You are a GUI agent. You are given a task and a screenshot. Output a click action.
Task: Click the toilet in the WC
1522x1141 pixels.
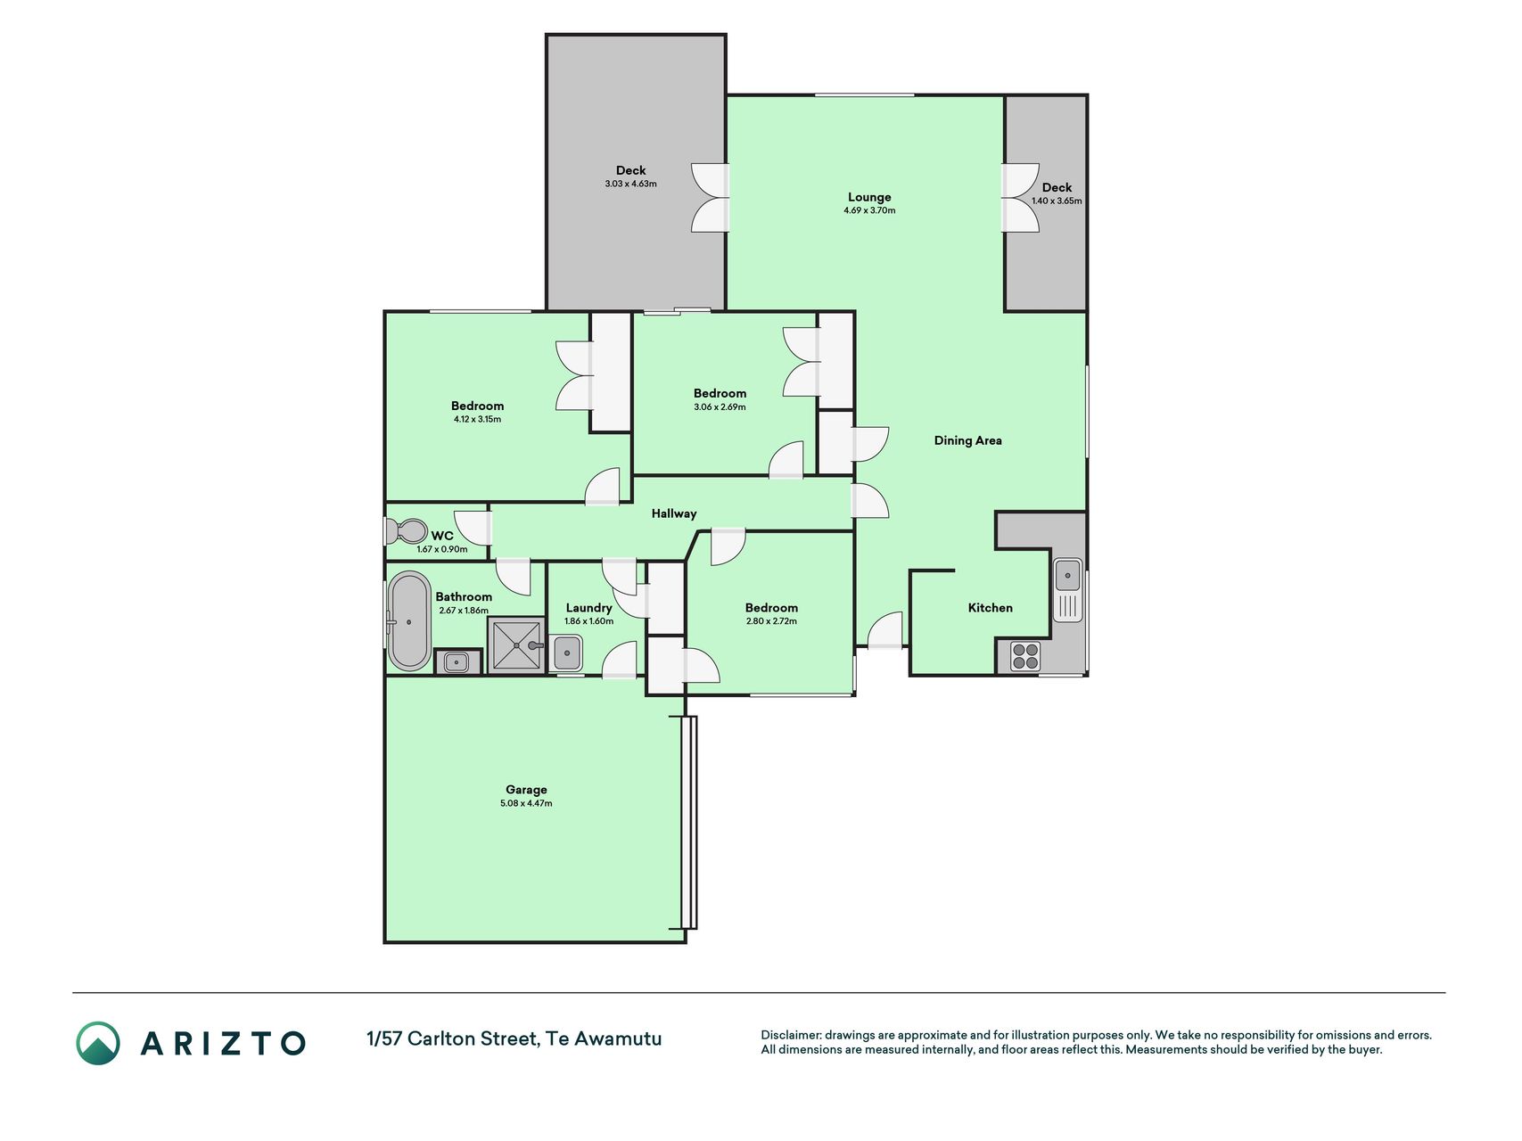tap(407, 531)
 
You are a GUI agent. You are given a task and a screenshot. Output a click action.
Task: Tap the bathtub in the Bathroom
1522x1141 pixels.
tap(409, 620)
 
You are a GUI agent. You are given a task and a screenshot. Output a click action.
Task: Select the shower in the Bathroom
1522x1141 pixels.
tap(516, 644)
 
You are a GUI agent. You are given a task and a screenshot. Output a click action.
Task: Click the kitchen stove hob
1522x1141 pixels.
tap(1025, 656)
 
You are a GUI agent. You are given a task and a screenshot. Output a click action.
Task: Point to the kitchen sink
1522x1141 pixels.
tap(1068, 589)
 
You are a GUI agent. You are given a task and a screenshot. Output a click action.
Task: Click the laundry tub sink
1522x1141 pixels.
tap(566, 653)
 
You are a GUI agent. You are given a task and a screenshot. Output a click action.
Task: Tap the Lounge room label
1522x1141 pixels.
tap(869, 197)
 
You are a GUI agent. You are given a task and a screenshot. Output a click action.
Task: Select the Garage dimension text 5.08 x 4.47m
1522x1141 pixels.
tap(526, 803)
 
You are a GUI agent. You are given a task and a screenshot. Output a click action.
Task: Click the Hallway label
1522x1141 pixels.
tap(674, 513)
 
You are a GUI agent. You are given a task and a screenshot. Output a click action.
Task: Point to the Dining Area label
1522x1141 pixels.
tap(967, 440)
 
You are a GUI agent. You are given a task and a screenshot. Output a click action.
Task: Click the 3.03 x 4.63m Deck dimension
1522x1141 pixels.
tap(630, 184)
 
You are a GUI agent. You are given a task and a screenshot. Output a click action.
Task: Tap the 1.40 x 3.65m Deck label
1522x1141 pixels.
tap(1057, 201)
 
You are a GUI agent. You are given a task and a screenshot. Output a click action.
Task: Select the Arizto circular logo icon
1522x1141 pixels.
tap(98, 1043)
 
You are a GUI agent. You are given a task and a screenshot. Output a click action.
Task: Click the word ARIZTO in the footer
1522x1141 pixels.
tap(223, 1043)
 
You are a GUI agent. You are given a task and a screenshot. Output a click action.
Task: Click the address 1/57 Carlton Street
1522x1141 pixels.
tap(452, 1038)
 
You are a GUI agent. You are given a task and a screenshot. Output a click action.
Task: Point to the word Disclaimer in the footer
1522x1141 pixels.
tap(790, 1035)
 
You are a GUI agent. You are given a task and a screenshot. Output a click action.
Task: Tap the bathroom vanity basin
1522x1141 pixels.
tap(457, 662)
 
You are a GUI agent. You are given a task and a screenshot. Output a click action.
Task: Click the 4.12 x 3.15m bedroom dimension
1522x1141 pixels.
tap(477, 419)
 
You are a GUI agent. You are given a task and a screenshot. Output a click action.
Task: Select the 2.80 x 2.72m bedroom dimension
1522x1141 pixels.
tap(771, 621)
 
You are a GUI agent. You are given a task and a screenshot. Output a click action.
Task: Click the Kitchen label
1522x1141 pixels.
tap(990, 608)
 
